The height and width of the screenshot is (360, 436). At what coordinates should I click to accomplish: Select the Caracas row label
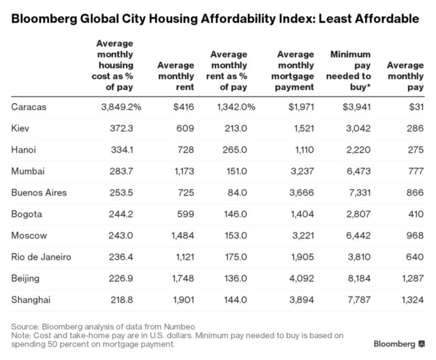[x=29, y=106]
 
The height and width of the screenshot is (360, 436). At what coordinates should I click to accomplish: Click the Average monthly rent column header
[x=176, y=76]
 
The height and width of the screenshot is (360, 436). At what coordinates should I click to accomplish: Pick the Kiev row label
[x=21, y=127]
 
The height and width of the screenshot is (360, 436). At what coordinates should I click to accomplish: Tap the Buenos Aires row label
[x=39, y=193]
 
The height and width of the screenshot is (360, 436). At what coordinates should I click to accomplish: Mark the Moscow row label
[x=29, y=236]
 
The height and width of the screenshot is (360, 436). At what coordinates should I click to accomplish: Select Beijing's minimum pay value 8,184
[x=354, y=279]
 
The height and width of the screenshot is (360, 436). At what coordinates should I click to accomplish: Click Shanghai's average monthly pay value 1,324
[x=409, y=300]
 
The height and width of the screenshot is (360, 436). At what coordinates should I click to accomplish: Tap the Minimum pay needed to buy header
[x=350, y=70]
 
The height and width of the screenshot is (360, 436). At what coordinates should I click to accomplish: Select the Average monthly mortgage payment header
[x=296, y=70]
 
